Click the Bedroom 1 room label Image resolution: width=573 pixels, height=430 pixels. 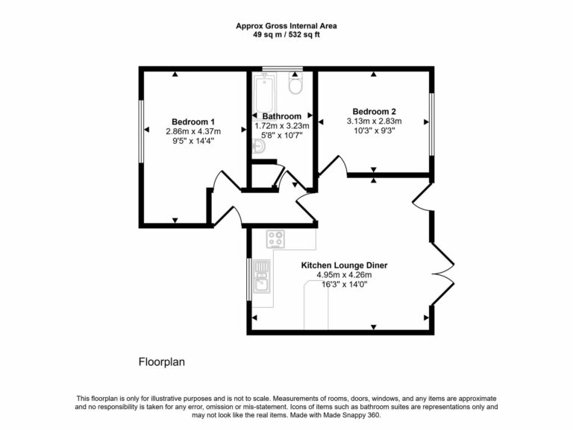193,122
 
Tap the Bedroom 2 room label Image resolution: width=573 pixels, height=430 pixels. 374,111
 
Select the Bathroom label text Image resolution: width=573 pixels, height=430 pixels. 282,116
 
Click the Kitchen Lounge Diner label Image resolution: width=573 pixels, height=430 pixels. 344,265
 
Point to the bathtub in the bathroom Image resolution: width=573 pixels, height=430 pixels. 265,92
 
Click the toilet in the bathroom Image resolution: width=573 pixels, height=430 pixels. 295,86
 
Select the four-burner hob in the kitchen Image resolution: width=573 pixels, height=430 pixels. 276,239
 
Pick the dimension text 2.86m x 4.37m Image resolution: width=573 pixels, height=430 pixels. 193,132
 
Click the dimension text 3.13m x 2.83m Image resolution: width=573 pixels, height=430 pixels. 374,121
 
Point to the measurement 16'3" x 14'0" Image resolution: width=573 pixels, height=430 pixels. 344,284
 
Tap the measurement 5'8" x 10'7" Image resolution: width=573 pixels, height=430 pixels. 282,136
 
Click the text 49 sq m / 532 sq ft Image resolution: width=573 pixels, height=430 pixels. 286,35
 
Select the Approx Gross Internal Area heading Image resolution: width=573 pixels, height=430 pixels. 286,25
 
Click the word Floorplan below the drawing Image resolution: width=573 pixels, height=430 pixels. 161,362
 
